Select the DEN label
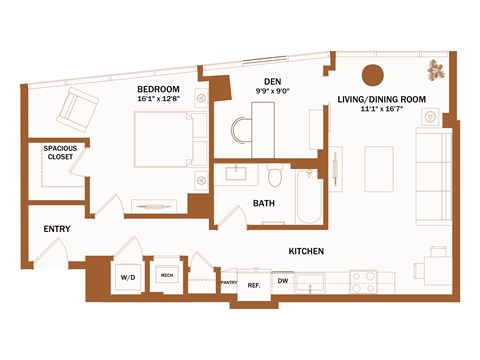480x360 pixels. pos(271,81)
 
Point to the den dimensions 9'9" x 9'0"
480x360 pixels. pos(271,91)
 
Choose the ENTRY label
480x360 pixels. pos(56,229)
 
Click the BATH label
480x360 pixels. pos(264,204)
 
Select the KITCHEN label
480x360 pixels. pos(309,251)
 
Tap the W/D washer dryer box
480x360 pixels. pos(128,277)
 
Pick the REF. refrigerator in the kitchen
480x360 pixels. pos(254,285)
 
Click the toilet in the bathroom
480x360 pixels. pos(275,177)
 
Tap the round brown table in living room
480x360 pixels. pos(372,74)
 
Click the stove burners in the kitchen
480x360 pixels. pos(366,281)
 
